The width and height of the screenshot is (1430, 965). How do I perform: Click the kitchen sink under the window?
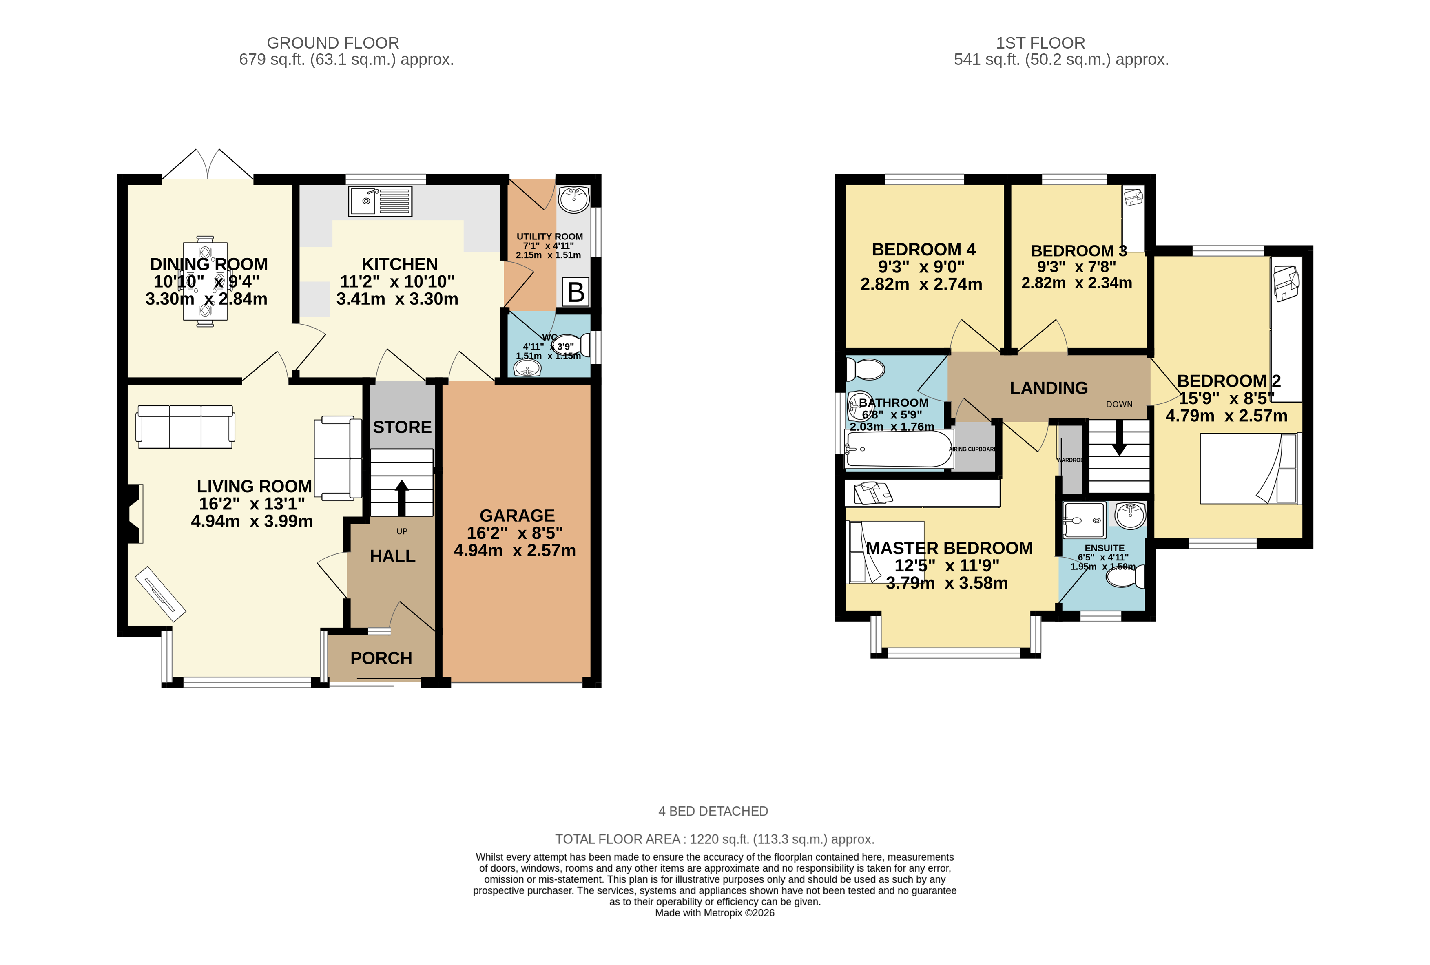coord(380,201)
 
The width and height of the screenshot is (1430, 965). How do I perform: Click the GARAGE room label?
coord(517,516)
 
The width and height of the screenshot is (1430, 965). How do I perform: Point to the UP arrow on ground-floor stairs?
coord(401,496)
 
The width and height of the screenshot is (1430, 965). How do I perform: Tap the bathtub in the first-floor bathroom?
coord(899,449)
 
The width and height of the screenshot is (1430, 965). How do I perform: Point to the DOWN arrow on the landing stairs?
coord(1119,443)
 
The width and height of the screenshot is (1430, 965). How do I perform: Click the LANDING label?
coord(1049,388)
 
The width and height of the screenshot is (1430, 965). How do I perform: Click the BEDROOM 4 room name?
coord(923,250)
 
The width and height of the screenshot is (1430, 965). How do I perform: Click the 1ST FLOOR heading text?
coord(1040,43)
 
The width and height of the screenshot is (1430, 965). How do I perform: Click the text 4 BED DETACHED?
coord(713,811)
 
